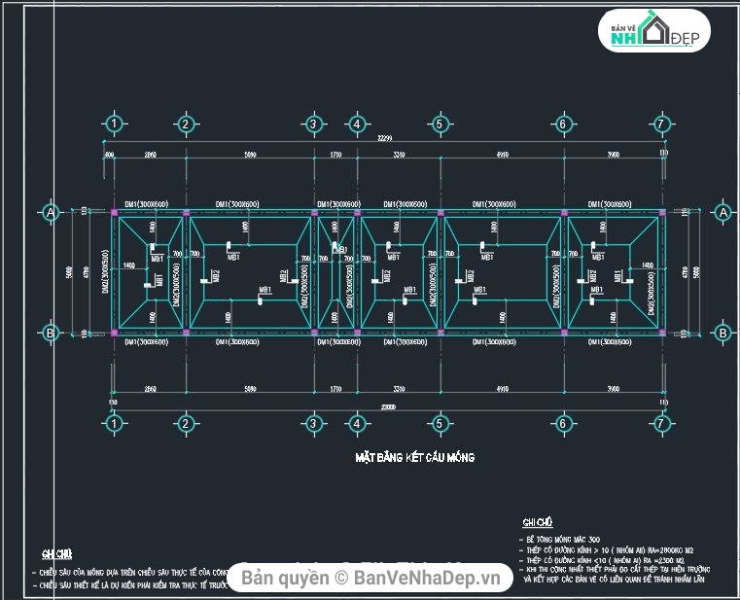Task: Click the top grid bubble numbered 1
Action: click(x=115, y=124)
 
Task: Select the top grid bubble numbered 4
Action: click(x=357, y=124)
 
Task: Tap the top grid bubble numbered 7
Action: click(x=661, y=124)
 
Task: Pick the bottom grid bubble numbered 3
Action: click(x=313, y=424)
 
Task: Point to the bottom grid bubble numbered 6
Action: click(x=562, y=424)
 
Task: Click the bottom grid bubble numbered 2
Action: click(x=185, y=424)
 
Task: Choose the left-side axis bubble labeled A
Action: click(x=51, y=212)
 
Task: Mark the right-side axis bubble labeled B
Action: click(x=722, y=333)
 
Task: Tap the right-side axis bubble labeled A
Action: click(x=722, y=212)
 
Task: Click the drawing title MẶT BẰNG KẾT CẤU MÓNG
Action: click(x=414, y=457)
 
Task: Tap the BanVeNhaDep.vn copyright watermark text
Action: click(x=375, y=579)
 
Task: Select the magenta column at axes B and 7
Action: click(x=661, y=333)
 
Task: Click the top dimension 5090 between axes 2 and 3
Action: click(x=250, y=155)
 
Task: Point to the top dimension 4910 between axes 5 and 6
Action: click(x=501, y=155)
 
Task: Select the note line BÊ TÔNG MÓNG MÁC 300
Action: click(x=565, y=539)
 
